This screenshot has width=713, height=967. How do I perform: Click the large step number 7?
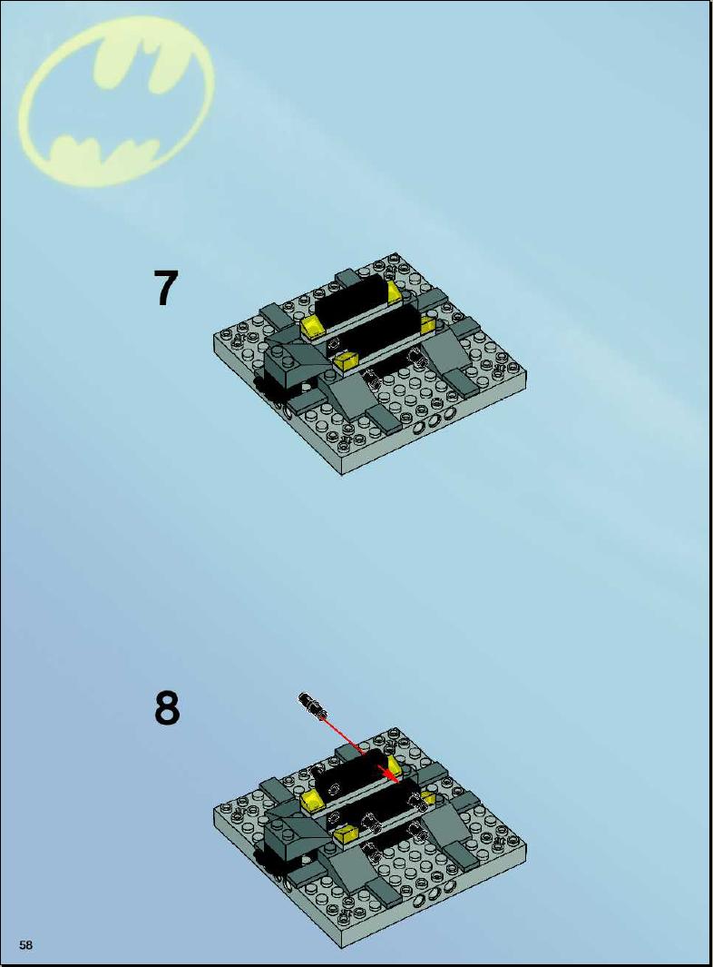(x=166, y=288)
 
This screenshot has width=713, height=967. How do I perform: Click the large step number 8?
(x=166, y=708)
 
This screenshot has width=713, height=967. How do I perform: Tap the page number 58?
(x=26, y=945)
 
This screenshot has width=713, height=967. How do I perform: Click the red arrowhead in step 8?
(x=390, y=774)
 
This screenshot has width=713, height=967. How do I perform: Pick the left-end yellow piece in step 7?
(x=312, y=327)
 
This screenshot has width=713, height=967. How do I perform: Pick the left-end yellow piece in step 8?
(x=312, y=802)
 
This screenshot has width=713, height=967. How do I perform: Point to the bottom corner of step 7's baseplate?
(x=342, y=474)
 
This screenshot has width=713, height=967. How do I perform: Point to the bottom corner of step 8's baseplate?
(x=342, y=949)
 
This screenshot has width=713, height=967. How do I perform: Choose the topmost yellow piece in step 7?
(x=394, y=291)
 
